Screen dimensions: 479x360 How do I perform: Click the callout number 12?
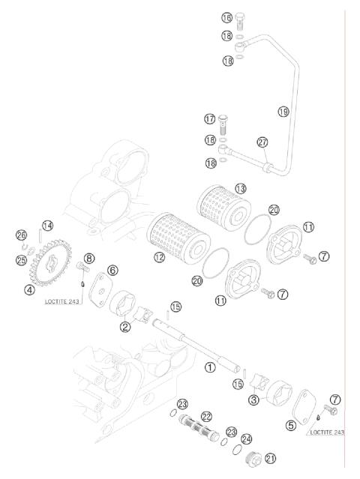point(159,257)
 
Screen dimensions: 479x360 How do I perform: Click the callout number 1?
point(211,367)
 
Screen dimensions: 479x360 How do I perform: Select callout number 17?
point(210,118)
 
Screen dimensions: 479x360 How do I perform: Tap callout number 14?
point(48,225)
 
